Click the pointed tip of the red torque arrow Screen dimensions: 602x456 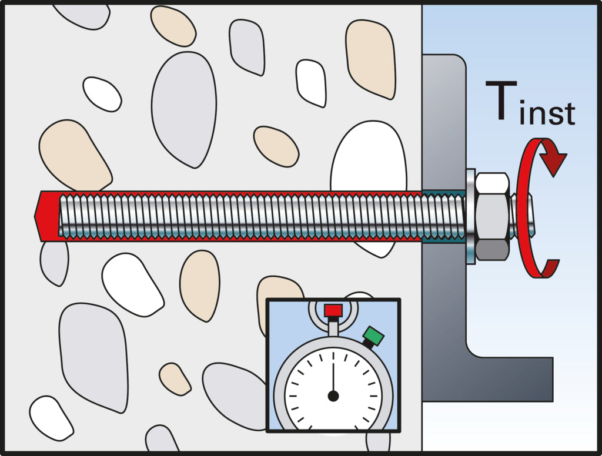553,176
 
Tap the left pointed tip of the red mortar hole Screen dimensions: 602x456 35,216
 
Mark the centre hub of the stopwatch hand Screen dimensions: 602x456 333,395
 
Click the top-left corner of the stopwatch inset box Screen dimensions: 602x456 266,299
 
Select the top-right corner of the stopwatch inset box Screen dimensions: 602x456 400,299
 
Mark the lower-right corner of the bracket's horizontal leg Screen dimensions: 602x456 553,401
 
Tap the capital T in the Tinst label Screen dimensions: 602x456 501,100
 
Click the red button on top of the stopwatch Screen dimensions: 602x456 333,310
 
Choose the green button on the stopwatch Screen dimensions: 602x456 373,336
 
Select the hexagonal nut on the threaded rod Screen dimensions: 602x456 493,216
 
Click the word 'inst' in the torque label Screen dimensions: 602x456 547,113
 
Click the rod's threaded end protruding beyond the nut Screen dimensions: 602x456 522,215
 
